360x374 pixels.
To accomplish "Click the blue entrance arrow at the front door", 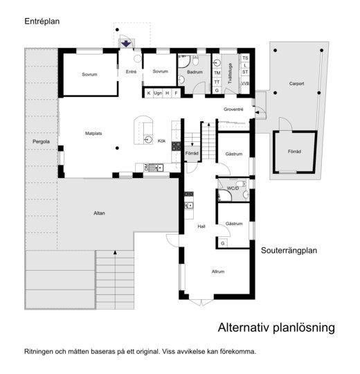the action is (x=126, y=44).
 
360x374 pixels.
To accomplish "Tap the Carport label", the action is (x=296, y=84).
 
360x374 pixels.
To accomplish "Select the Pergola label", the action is (x=41, y=141).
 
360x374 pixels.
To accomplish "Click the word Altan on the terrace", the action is (x=99, y=213).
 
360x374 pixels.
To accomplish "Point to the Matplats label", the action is (x=93, y=134).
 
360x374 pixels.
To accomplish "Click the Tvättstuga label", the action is (x=230, y=73).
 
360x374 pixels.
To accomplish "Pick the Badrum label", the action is (x=195, y=72).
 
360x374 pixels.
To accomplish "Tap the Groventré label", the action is (x=233, y=109).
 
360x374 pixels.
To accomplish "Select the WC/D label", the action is (x=233, y=188).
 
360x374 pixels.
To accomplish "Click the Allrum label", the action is (x=218, y=271).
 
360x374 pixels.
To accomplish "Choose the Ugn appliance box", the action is (x=158, y=93).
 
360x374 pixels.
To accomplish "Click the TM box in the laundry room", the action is (x=217, y=73).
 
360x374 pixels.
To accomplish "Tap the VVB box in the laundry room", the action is (x=245, y=84).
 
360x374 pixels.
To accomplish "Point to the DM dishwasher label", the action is (x=146, y=168).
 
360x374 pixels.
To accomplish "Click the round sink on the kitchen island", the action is (x=148, y=139).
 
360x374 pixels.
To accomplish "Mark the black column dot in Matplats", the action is (x=117, y=148).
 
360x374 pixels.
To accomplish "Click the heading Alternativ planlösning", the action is (x=276, y=328).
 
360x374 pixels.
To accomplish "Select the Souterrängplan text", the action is (x=289, y=251).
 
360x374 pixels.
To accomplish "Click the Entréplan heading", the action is (x=42, y=21).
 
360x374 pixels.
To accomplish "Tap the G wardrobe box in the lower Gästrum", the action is (x=223, y=243).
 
